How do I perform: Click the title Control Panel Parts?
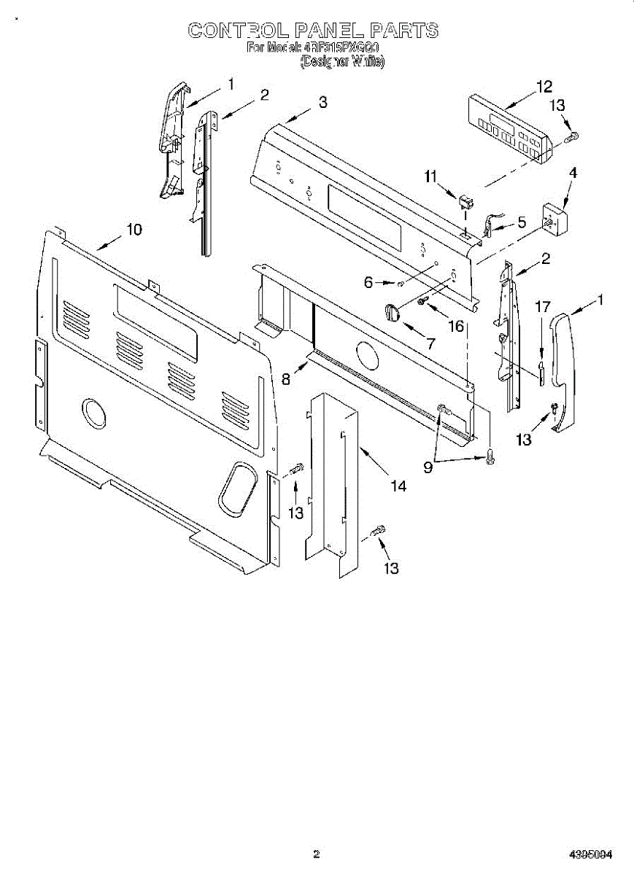coord(313,30)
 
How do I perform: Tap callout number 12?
coord(544,87)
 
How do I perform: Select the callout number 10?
coord(134,229)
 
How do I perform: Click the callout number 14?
coord(398,485)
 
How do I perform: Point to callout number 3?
coord(322,103)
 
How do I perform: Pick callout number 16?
coord(457,325)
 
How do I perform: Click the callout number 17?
coord(541,307)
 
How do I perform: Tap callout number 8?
coord(286,378)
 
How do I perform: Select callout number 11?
coord(430,176)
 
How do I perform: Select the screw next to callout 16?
coord(422,300)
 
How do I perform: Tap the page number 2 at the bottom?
coord(316,853)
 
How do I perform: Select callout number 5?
coord(521,222)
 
